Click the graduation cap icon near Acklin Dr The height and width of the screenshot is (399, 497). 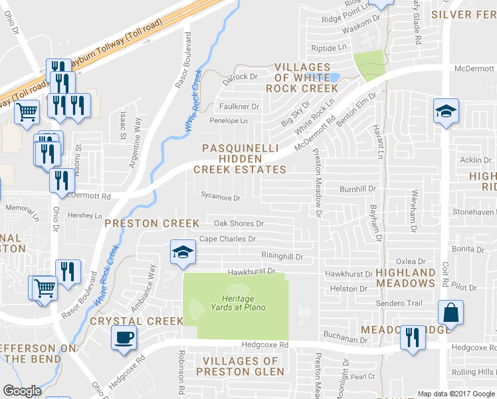(446, 111)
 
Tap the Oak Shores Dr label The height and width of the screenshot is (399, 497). (239, 223)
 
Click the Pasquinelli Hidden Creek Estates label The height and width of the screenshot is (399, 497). (240, 159)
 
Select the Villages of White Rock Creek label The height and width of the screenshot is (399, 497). (302, 78)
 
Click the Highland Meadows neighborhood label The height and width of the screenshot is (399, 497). (405, 278)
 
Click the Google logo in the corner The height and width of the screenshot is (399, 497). (22, 391)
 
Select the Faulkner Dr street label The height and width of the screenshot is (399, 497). (239, 106)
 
